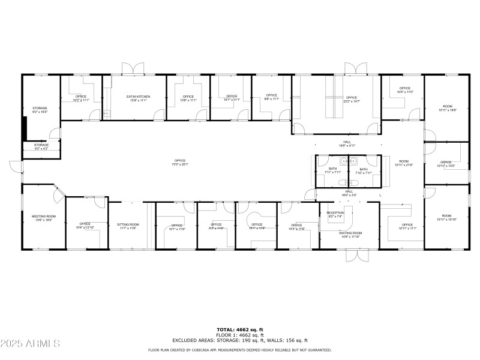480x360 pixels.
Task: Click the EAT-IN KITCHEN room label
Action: [138, 97]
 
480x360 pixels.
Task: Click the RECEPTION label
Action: [335, 213]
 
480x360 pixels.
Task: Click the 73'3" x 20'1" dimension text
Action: [180, 164]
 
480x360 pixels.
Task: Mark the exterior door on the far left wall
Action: [15, 165]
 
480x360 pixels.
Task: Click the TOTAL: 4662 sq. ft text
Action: [240, 329]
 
